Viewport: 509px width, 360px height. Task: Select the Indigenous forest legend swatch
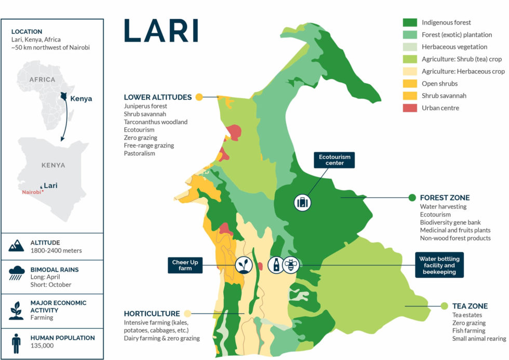[410, 22]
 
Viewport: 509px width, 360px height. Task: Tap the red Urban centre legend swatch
[410, 108]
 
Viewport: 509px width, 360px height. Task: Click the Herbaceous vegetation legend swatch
[410, 47]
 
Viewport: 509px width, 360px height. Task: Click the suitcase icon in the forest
[302, 203]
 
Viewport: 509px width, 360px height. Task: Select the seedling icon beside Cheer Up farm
[243, 264]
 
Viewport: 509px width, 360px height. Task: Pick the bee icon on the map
[290, 264]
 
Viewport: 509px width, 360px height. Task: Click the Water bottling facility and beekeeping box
[439, 265]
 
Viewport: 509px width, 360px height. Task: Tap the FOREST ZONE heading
[445, 197]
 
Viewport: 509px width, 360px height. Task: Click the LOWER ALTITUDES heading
[157, 97]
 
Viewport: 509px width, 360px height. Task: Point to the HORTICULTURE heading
[152, 313]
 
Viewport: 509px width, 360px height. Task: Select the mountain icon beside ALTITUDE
[17, 246]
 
